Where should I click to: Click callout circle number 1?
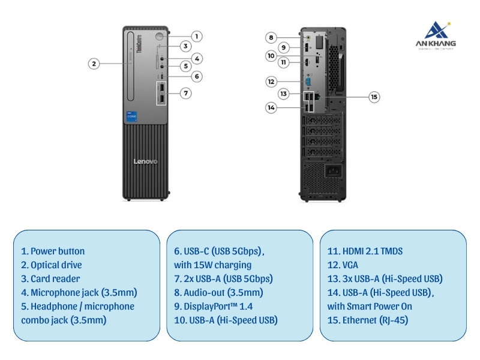(197, 36)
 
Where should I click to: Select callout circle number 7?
(187, 93)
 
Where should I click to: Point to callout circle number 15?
(374, 97)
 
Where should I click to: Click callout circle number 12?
(271, 81)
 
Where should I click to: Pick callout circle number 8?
(271, 37)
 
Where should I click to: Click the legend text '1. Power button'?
(53, 251)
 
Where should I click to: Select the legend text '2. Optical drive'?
(51, 265)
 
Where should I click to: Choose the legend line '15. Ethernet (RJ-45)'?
(368, 320)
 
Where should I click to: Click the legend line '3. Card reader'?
(50, 278)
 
